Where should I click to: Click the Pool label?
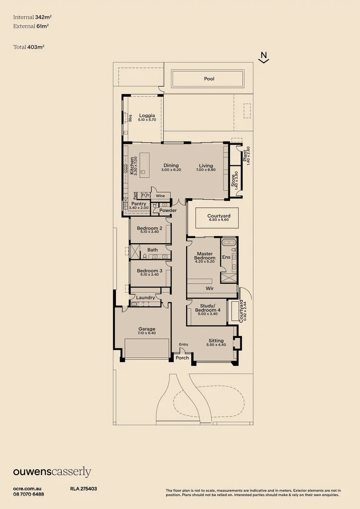click(209, 79)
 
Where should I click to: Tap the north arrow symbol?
click(264, 57)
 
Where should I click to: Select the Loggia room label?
click(147, 115)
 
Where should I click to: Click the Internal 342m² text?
click(31, 17)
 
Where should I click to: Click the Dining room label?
click(171, 165)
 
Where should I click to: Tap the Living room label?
click(206, 165)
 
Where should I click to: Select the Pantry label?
click(139, 204)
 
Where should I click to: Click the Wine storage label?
click(161, 195)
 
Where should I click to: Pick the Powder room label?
click(168, 210)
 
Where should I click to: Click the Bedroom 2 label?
click(149, 229)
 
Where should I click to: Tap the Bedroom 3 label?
click(149, 271)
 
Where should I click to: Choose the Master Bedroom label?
click(205, 256)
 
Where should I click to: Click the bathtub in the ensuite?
click(229, 243)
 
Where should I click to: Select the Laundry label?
click(146, 297)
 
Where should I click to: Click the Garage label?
click(147, 329)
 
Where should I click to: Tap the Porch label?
click(182, 358)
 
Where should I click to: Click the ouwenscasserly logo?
click(52, 472)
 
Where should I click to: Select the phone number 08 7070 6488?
click(29, 494)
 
